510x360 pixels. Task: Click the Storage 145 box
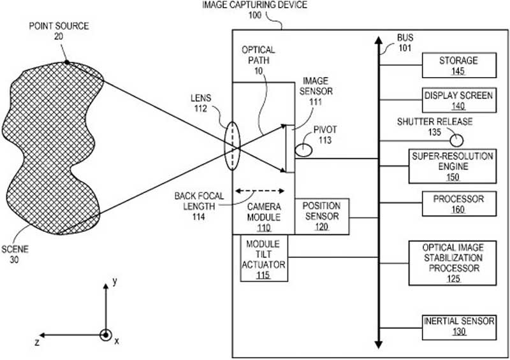(x=459, y=65)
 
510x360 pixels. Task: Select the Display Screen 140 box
(x=459, y=100)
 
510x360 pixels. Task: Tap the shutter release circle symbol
(x=456, y=141)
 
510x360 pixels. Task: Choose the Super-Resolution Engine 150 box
(x=453, y=166)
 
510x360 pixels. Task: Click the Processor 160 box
(x=459, y=204)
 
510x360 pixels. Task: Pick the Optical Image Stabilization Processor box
(x=453, y=263)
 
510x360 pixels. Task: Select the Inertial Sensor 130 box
(x=459, y=327)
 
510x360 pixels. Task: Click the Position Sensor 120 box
(x=322, y=216)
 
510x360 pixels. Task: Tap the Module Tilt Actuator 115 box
(x=264, y=258)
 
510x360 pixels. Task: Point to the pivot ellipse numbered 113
(x=303, y=150)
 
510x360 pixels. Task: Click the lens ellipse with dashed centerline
(x=232, y=146)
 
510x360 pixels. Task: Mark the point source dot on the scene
(x=67, y=62)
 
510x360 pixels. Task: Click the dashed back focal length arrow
(x=260, y=191)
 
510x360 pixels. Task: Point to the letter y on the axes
(x=115, y=282)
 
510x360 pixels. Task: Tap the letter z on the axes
(x=37, y=342)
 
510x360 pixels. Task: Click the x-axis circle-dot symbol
(x=105, y=335)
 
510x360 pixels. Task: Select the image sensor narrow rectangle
(x=290, y=148)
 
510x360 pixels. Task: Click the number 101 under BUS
(x=405, y=48)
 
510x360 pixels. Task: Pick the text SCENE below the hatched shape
(x=15, y=249)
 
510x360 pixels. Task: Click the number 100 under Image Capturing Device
(x=254, y=15)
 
